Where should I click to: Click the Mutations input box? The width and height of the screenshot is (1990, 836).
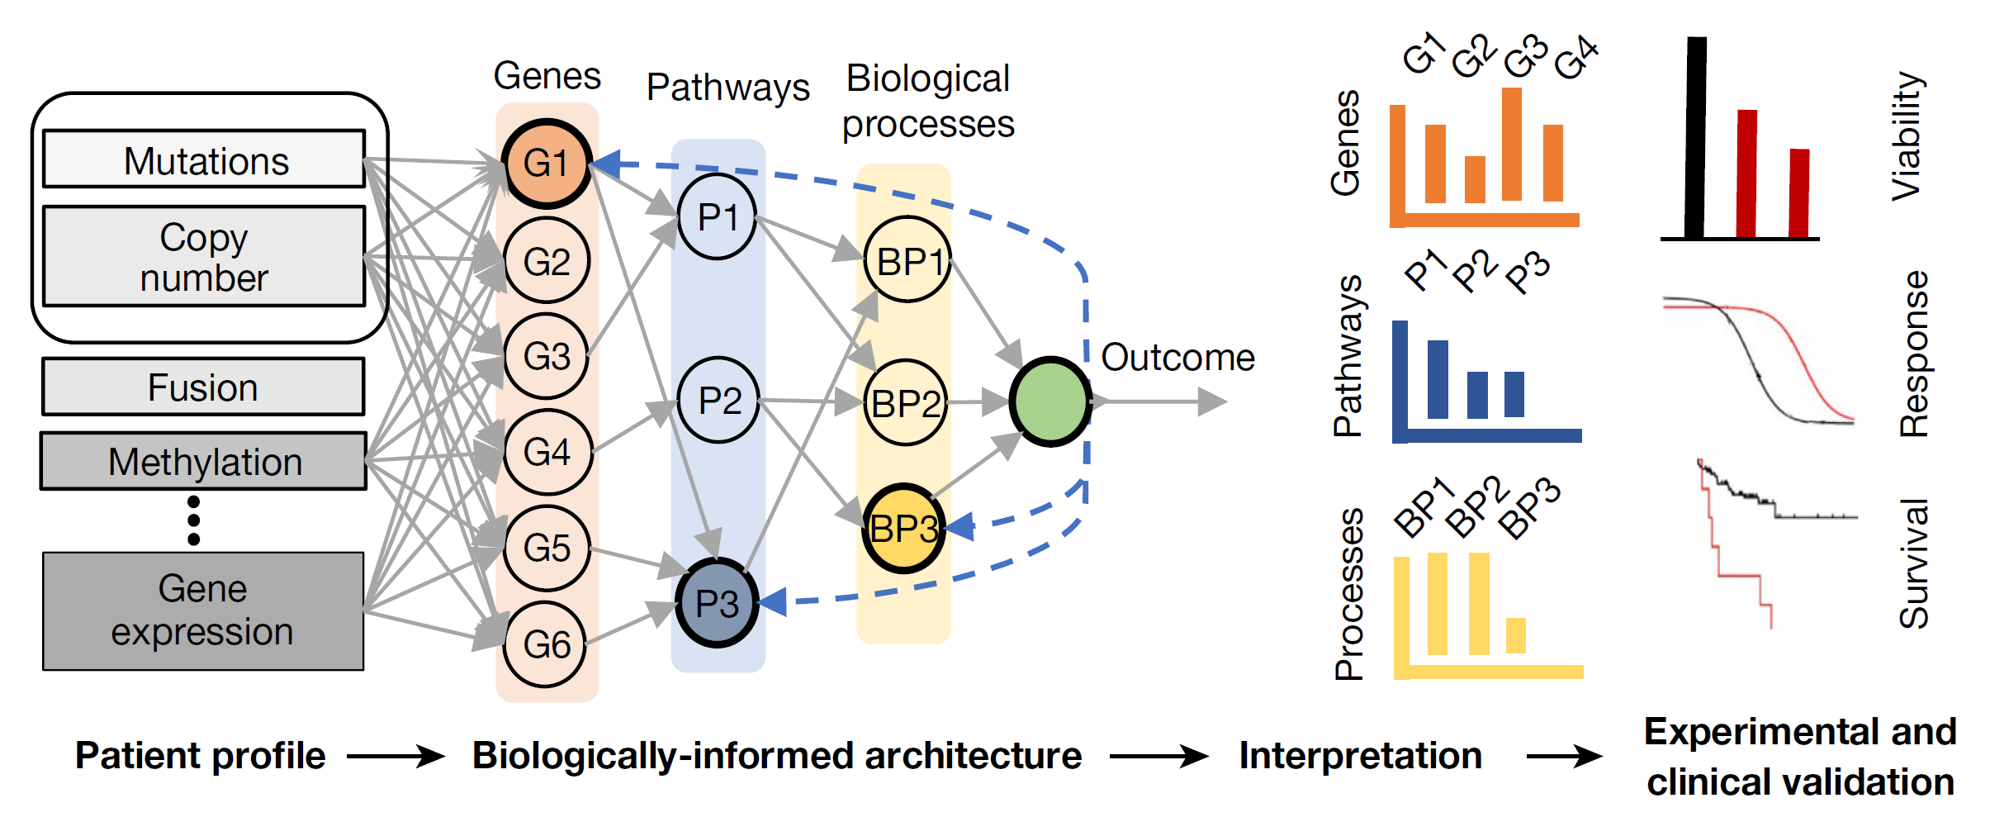pos(204,159)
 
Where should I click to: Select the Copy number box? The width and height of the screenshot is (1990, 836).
pos(204,257)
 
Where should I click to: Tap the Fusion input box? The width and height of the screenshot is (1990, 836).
pos(203,387)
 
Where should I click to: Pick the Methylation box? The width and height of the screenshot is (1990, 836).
pos(204,461)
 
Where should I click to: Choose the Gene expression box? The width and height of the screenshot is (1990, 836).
pos(203,610)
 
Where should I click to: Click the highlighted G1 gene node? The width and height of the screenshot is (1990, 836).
pos(546,163)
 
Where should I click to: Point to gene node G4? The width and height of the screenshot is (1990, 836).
pos(547,452)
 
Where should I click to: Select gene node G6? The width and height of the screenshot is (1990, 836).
pos(546,644)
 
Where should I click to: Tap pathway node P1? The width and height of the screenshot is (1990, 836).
pos(717,217)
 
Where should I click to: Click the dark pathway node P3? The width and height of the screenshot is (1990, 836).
pos(717,603)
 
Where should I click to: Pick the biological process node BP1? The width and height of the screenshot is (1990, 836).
pos(907,261)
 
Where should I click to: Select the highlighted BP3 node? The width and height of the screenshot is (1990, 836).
pos(903,528)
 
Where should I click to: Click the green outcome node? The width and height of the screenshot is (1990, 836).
pos(1049,401)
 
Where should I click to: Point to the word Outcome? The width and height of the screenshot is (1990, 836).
pos(1177,358)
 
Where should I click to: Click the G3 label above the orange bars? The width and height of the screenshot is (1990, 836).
pos(1524,56)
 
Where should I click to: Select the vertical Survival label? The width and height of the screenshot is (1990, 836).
pos(1913,563)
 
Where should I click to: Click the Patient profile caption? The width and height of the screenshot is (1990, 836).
pos(200,755)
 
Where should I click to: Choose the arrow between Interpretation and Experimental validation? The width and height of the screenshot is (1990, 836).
pos(1564,755)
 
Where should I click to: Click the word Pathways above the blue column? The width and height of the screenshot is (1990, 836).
pos(727,87)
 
